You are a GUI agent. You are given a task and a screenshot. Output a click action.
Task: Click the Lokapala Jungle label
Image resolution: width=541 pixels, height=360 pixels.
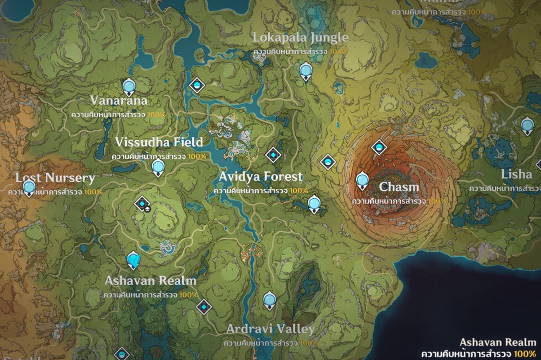point(300,38)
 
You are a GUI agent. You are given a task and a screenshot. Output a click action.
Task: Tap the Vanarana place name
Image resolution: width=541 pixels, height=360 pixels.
point(118,101)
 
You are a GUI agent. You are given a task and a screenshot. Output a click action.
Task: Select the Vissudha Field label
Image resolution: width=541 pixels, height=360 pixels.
point(159,142)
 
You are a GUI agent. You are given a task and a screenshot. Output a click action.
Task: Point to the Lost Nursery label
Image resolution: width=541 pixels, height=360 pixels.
point(55,178)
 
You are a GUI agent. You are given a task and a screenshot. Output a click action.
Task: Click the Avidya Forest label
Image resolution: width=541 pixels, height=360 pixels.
point(261,177)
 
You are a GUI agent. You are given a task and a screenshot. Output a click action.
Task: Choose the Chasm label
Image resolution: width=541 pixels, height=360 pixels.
point(399,186)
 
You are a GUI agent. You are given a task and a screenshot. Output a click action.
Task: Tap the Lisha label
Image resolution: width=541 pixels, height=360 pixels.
point(516,174)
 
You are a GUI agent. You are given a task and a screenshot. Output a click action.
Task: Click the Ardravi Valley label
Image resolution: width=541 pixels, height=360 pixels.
point(270,329)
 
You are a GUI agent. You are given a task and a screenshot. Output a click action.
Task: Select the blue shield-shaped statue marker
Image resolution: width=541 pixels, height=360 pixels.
point(133,260)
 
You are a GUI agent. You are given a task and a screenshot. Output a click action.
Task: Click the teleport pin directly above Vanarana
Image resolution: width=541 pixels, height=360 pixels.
point(129,87)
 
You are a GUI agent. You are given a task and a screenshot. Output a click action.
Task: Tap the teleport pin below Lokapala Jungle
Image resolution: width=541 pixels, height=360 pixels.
point(306,71)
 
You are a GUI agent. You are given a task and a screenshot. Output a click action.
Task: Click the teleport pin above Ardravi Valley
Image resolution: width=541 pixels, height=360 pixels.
point(270,300)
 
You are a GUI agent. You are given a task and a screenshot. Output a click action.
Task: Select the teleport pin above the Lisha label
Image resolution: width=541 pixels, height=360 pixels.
point(527,125)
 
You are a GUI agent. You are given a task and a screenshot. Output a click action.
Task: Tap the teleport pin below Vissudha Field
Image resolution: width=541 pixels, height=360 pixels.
point(158,167)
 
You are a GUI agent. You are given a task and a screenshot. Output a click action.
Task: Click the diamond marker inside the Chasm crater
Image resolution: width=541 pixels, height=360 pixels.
point(379,148)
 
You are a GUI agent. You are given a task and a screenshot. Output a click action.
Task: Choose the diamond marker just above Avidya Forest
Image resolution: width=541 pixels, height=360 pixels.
point(273,154)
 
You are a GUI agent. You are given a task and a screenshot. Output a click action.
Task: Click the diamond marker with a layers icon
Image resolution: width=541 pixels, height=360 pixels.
point(143,203)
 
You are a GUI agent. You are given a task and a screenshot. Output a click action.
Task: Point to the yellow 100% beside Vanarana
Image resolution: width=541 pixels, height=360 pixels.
point(156,114)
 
